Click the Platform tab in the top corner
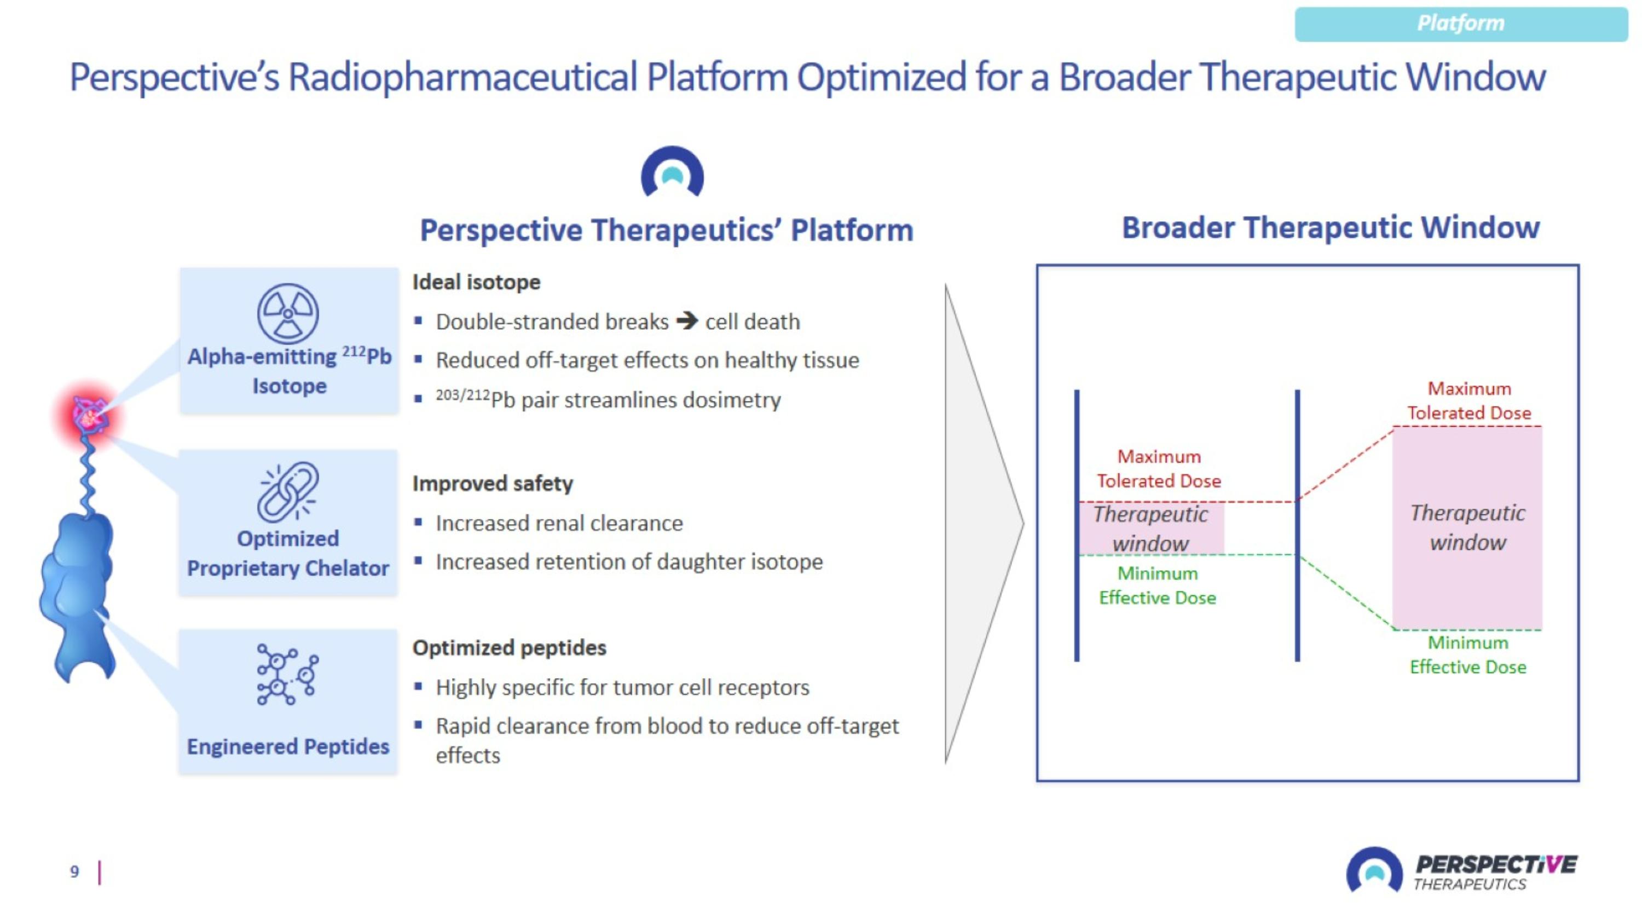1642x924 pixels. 1460,24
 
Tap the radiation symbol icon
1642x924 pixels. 288,314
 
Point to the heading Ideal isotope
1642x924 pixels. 476,282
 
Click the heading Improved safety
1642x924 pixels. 492,484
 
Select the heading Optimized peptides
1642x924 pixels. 508,648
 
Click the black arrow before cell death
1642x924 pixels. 687,320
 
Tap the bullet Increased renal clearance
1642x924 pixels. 559,524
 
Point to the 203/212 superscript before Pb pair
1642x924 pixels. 462,395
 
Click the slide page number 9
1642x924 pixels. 74,872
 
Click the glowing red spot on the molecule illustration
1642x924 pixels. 90,415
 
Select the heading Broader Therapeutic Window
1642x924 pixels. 1331,228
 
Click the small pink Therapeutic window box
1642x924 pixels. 1150,529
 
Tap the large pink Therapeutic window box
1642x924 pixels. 1467,528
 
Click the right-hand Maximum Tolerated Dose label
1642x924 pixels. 1468,400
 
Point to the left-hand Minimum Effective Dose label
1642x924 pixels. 1157,586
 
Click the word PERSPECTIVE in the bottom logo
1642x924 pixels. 1495,864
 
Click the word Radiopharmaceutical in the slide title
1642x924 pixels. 462,77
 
